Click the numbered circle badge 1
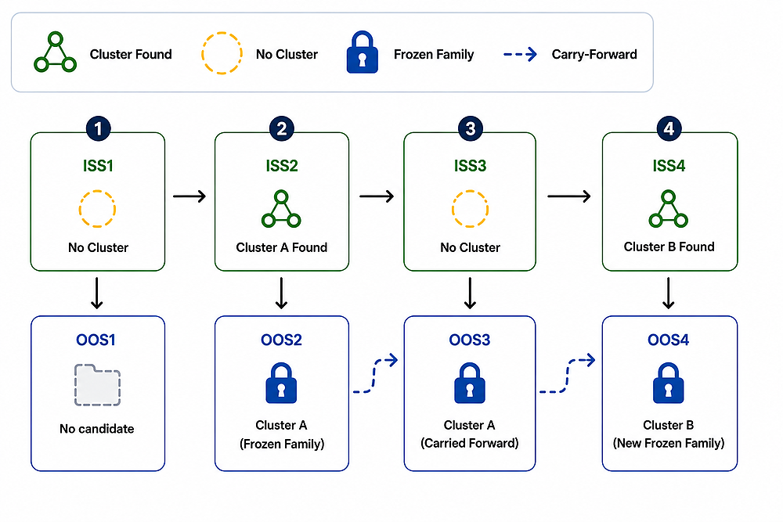98,129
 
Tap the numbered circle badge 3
470,129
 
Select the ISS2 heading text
282,166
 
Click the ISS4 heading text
669,166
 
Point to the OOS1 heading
96,340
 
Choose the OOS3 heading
469,340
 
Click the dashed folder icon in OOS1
97,385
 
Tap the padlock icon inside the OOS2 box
281,383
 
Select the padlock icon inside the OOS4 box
668,383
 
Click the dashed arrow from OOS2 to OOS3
375,376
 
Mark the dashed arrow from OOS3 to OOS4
567,376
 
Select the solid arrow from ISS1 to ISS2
189,196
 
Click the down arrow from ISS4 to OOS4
668,293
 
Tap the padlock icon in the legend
362,52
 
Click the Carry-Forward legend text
594,55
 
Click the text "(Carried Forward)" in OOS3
469,443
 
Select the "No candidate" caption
97,429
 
